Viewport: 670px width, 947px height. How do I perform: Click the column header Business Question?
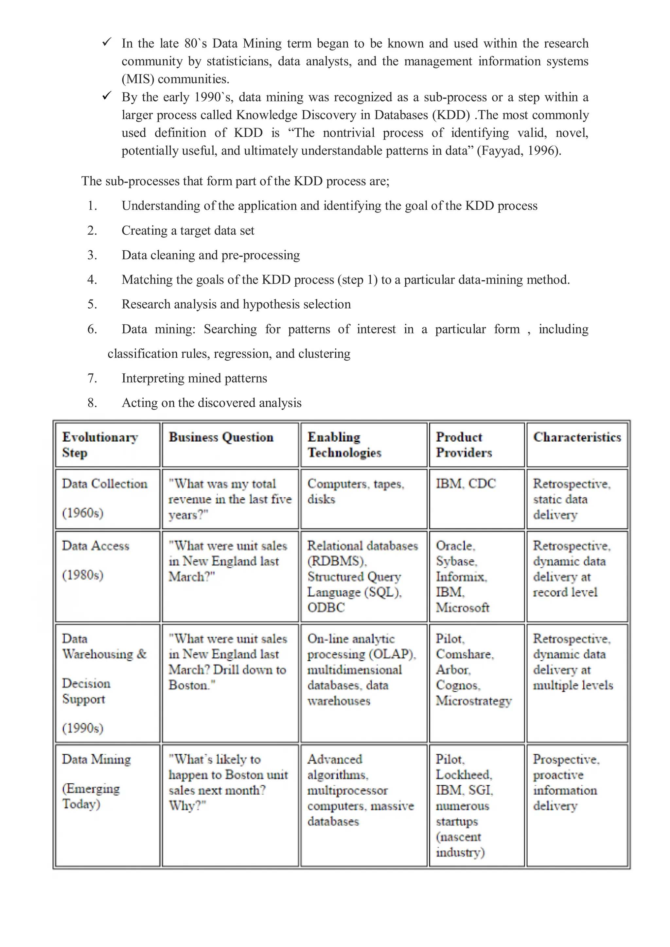pos(221,437)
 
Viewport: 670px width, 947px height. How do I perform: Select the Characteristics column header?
pos(577,437)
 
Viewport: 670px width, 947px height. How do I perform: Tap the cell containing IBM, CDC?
pos(466,483)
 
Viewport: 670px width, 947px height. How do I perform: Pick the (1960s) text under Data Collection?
pos(82,513)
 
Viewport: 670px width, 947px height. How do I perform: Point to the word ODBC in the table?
pos(326,608)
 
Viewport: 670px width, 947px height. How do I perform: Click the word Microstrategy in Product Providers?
pos(473,701)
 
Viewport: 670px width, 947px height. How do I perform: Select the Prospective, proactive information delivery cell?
pos(566,783)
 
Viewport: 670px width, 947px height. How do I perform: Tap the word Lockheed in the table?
pos(464,775)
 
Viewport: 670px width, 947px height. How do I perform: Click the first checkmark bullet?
pos(107,42)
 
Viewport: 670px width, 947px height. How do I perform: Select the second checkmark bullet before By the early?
pos(107,96)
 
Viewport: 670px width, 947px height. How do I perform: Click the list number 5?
pos(92,304)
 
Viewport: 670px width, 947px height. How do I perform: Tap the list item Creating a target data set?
pos(188,230)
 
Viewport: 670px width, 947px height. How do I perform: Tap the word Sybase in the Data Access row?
pos(456,561)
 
